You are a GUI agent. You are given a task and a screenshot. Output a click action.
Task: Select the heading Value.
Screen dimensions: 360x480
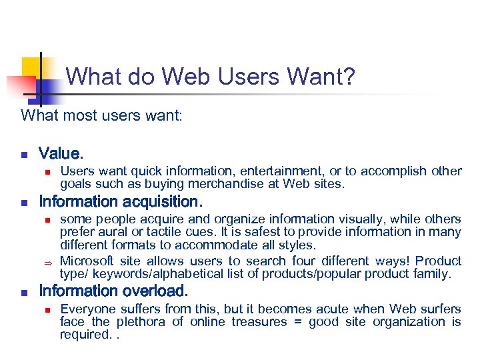(61, 154)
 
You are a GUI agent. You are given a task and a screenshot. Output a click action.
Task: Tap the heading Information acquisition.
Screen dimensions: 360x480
(120, 201)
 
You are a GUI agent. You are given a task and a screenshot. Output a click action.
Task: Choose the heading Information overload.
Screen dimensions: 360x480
(113, 291)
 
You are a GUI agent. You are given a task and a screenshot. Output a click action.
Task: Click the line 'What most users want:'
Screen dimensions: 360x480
(101, 115)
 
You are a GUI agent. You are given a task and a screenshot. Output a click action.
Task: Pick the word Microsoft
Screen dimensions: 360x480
(87, 261)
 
